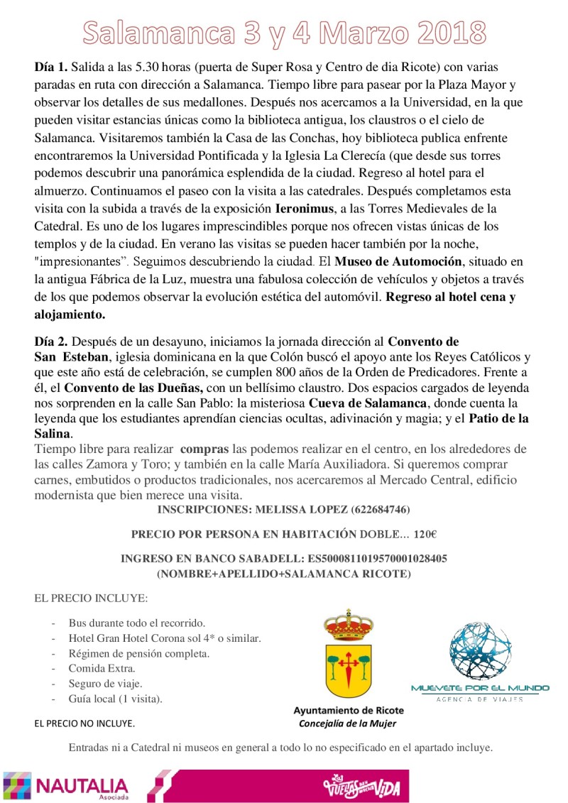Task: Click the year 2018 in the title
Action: [446, 33]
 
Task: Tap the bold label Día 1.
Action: [50, 67]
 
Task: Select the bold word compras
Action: [204, 449]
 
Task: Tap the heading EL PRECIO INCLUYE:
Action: [91, 599]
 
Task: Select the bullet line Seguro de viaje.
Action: [105, 683]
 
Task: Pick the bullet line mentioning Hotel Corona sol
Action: [164, 638]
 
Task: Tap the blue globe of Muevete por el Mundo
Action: [480, 651]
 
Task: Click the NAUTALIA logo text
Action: [82, 785]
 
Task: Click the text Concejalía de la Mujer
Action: [348, 723]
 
